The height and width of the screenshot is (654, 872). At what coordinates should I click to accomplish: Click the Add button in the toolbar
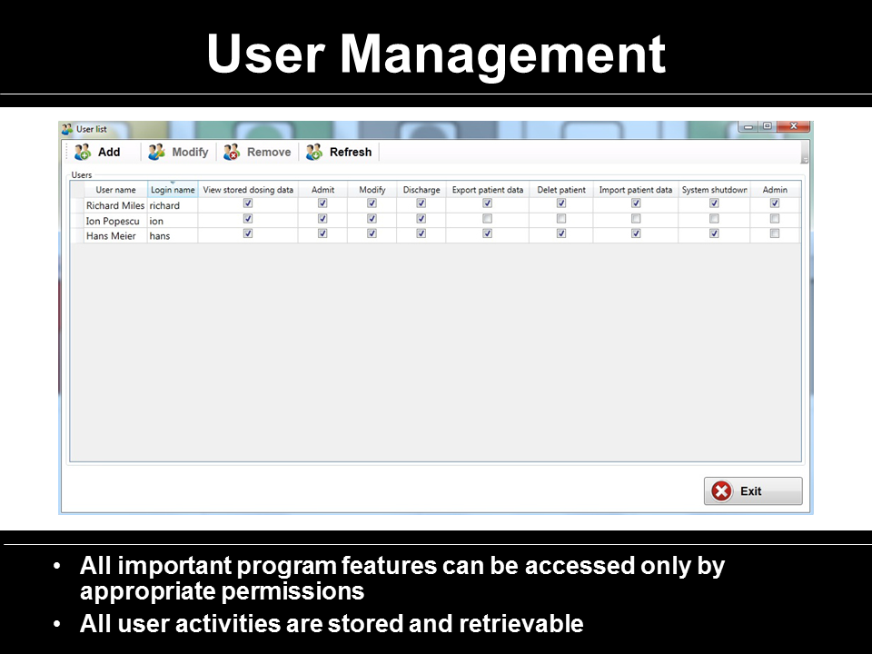pos(97,152)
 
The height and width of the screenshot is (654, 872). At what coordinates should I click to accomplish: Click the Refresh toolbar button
pos(339,152)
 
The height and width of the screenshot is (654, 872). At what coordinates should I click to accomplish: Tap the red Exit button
pos(753,491)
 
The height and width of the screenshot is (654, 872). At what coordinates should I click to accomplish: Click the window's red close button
pos(794,126)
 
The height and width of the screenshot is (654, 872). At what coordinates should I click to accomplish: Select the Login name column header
pos(173,190)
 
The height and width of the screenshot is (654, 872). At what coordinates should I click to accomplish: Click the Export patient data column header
pos(487,190)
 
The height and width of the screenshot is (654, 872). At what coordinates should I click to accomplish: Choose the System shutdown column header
pos(714,190)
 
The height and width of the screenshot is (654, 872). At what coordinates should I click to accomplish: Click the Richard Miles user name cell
pos(115,205)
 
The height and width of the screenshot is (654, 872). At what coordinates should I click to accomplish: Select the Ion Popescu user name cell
pos(113,221)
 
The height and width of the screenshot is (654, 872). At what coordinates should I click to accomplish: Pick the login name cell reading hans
pos(160,236)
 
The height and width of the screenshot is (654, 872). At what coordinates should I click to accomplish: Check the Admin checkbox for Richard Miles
pos(775,203)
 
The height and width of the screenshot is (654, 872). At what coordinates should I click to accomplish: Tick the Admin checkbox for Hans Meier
pos(775,233)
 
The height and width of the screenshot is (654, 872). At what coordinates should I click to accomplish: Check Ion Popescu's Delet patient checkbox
pos(561,219)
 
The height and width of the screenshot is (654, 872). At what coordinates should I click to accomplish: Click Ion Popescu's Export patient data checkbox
pos(487,219)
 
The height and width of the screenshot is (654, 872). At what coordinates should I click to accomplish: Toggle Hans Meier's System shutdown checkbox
pos(714,233)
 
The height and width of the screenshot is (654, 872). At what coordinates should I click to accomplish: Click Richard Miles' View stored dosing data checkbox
pos(248,203)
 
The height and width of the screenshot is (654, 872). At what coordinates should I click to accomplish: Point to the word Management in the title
pos(502,54)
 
